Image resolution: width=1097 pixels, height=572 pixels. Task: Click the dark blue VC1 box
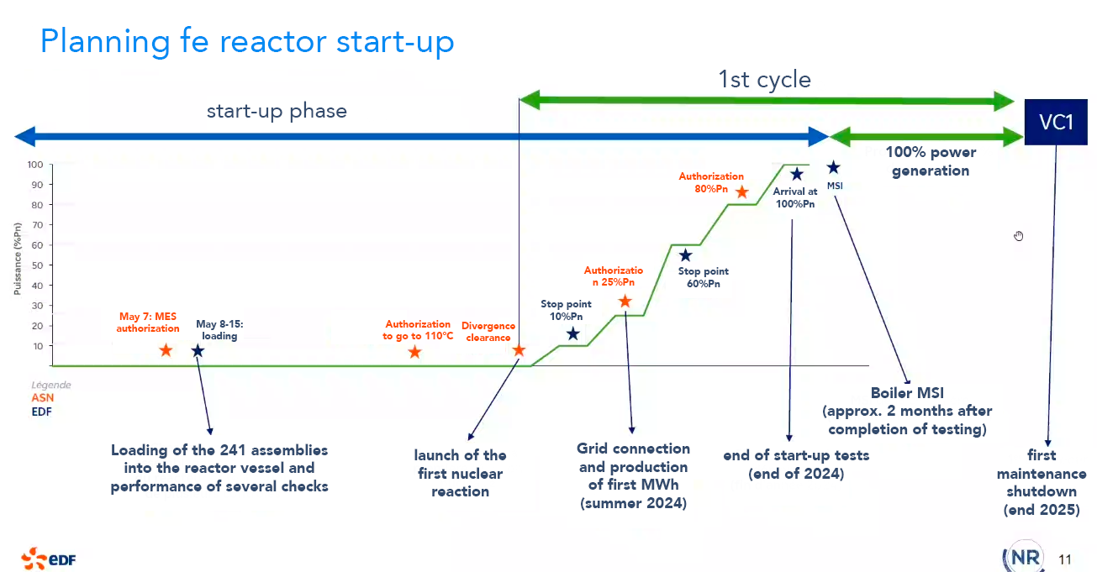(1056, 123)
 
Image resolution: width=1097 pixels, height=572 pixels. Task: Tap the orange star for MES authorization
(166, 350)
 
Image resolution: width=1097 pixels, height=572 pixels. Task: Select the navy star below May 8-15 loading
(198, 350)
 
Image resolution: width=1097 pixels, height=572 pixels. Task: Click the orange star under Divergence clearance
(519, 350)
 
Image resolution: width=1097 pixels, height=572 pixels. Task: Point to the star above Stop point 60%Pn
(685, 255)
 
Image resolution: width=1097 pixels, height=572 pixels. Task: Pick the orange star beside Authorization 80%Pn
(741, 192)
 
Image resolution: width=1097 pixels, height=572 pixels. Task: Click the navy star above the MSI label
(833, 168)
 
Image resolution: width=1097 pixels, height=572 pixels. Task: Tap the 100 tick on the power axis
(38, 165)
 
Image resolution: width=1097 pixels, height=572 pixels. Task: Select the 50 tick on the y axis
(38, 265)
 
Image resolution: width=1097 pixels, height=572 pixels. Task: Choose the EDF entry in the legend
(41, 412)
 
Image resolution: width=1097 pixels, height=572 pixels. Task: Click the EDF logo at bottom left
(49, 557)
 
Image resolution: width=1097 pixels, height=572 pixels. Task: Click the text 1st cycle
(764, 80)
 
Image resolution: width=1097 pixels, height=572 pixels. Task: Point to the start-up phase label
(277, 112)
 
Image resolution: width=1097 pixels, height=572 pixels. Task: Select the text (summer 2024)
(633, 504)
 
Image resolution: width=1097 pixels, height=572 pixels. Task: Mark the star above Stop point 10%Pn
(573, 334)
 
